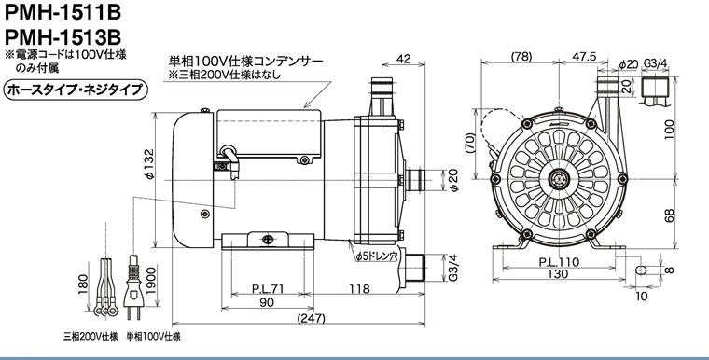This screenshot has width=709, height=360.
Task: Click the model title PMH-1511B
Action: pos(63,12)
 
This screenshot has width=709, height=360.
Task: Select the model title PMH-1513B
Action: pos(63,35)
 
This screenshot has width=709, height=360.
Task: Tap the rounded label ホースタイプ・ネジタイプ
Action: pos(76,90)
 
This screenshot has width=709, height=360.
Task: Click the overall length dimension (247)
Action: pos(311,318)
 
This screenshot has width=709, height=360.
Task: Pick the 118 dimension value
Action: pos(359,288)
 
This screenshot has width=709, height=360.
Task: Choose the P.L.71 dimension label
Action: pos(268,288)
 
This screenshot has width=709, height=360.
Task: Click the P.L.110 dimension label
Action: pos(559,262)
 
